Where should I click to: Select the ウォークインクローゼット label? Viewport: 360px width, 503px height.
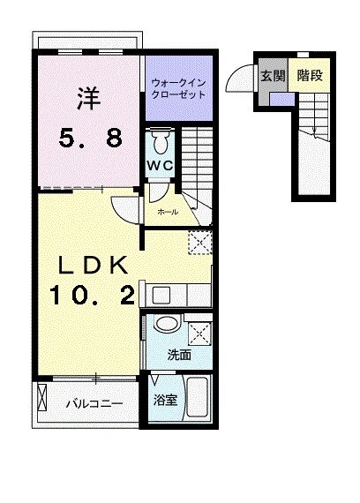coord(178,89)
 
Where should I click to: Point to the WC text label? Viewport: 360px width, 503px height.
coord(160,164)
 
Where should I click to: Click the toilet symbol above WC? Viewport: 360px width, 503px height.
coord(160,141)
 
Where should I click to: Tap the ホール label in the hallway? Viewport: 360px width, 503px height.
coord(168,212)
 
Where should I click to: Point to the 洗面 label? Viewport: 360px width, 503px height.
coord(179,356)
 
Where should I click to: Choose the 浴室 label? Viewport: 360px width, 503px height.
coord(165,400)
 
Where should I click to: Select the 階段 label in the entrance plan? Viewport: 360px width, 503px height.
coord(309,76)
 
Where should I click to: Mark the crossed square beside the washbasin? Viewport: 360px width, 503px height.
coord(199,333)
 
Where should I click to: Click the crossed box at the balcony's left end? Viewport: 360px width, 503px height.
coord(42,401)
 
